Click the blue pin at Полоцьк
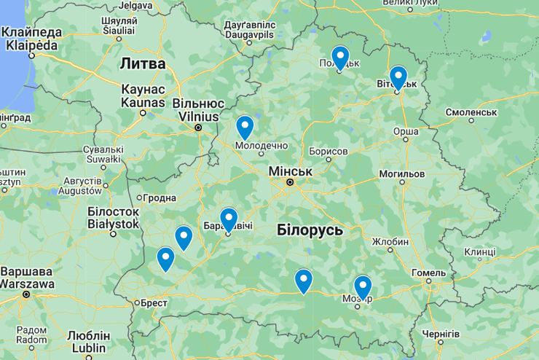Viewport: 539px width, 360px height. (340, 57)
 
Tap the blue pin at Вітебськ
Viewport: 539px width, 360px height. (398, 77)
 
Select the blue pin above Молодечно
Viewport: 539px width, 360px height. (245, 126)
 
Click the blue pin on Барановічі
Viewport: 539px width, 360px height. (229, 219)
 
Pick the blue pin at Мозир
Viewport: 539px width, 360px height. (362, 286)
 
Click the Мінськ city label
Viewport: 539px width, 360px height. (290, 171)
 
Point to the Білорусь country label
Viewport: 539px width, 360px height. (310, 230)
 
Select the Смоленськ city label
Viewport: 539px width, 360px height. (473, 113)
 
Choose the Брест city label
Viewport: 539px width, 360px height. (154, 302)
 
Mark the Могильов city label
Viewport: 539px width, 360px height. (401, 175)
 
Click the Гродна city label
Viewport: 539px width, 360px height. (160, 198)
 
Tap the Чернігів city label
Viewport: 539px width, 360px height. (441, 334)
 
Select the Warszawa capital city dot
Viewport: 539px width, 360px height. (26, 295)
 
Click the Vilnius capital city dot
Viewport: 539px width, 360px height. (198, 128)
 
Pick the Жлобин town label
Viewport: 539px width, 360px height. (390, 241)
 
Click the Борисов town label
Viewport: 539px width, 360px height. (328, 151)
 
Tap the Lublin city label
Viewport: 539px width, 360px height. (88, 348)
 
